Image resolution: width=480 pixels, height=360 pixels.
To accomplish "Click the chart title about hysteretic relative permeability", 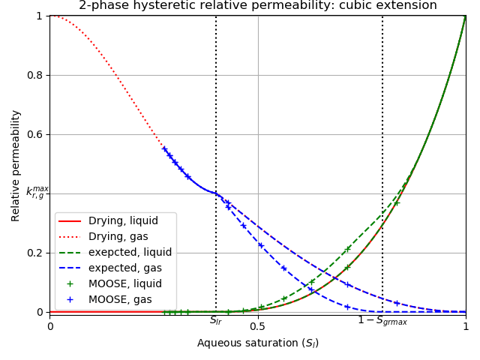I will pyautogui.click(x=257, y=6).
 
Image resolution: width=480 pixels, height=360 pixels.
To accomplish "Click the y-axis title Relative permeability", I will pyautogui.click(x=16, y=165).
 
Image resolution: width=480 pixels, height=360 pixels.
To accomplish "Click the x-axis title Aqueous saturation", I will pyautogui.click(x=257, y=343).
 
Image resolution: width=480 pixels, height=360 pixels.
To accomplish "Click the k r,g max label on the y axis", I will pyautogui.click(x=37, y=193).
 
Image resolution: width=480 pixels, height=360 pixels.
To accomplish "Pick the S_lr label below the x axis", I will pyautogui.click(x=216, y=321).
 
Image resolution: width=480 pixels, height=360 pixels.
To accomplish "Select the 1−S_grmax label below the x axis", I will pyautogui.click(x=382, y=321).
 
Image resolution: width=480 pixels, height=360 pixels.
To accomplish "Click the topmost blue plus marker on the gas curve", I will pyautogui.click(x=164, y=148).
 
